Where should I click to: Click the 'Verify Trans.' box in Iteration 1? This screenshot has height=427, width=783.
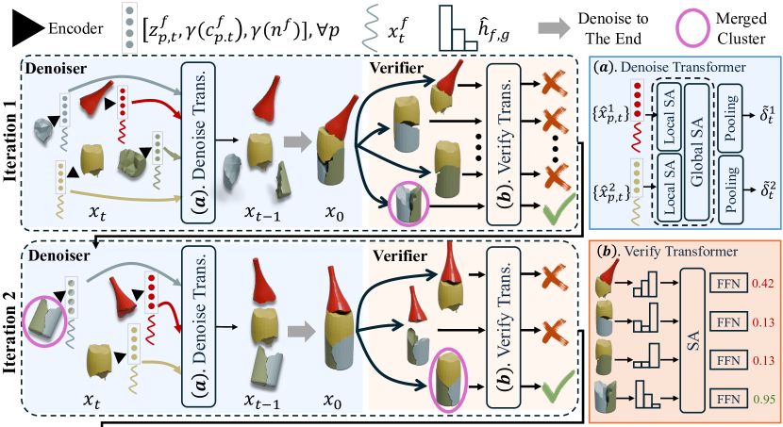(502, 141)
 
